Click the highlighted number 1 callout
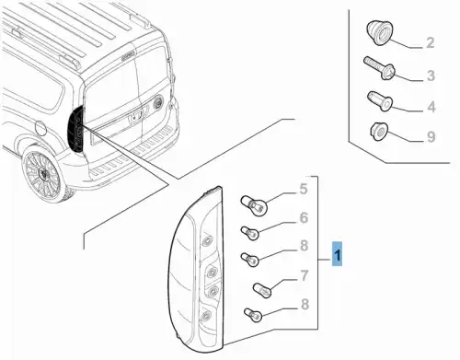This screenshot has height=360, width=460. tap(337, 253)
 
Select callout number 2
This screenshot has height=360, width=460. tap(430, 43)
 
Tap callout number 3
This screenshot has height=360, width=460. tap(431, 75)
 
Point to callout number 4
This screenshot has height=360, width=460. tap(431, 107)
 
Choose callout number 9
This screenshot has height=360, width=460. tap(431, 137)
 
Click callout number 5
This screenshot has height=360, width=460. tap(303, 189)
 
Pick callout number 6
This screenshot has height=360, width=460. tap(304, 218)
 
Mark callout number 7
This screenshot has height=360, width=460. tap(304, 276)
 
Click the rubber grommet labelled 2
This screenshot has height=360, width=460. tap(379, 33)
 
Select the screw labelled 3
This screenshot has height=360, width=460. tap(379, 68)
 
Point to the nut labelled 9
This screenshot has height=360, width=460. tap(379, 132)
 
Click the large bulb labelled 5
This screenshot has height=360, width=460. tap(254, 205)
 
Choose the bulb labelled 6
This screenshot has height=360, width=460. tap(250, 233)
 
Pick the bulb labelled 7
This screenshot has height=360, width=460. tap(262, 290)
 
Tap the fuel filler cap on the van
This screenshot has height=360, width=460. tap(40, 128)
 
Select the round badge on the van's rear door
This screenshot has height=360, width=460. tap(158, 102)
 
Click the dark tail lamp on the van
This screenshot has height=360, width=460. tap(76, 129)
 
